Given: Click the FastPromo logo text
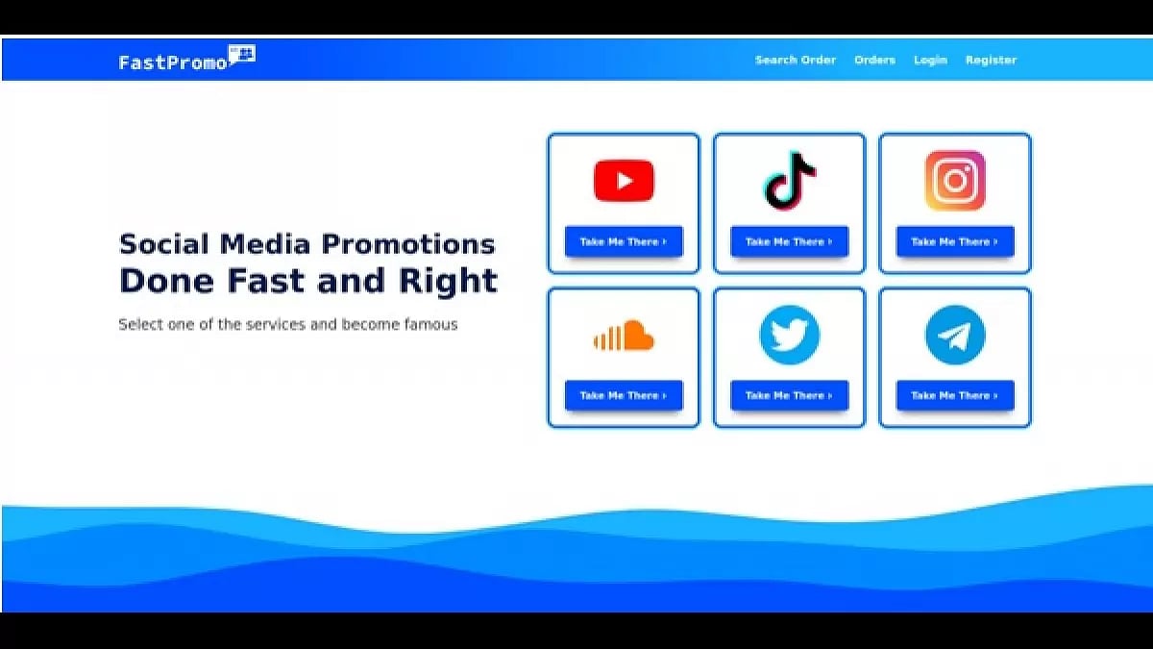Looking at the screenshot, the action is coord(172,62).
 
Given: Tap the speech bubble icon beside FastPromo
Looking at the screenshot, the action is coord(242,55).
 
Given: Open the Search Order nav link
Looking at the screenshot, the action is coord(796,61).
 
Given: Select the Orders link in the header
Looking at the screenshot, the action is coord(874,61).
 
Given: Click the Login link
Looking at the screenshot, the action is coord(930,61).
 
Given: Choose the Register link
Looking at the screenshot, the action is coord(991,61).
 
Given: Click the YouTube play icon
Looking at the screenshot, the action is coord(624,181).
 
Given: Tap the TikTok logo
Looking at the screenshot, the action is coord(789,181).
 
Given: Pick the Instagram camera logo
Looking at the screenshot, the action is coord(955,181).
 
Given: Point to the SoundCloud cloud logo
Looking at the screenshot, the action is coord(624,336).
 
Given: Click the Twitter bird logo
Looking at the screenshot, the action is coord(790,335).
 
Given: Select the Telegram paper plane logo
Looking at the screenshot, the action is coord(955,335).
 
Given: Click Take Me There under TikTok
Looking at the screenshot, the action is coord(790,241).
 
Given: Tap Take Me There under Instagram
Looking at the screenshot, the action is coord(955,241).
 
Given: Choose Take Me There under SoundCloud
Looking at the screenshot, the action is coord(624,395).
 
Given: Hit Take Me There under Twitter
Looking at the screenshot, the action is coord(790,395).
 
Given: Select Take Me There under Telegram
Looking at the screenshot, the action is coord(955,395).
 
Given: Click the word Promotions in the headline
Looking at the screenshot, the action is coord(407,244).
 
